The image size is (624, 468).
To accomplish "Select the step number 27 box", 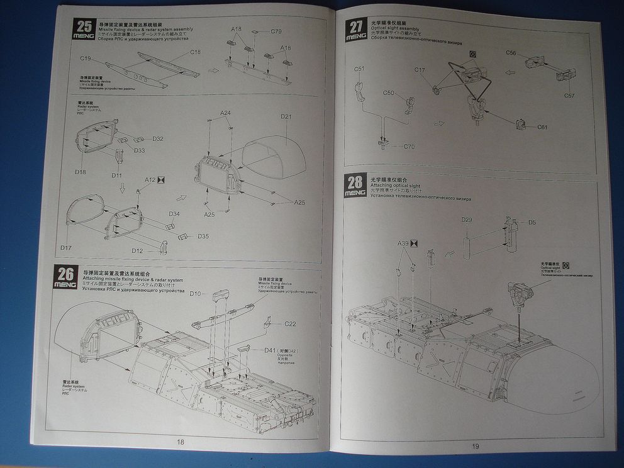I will point(357,26).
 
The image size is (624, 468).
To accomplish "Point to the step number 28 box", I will point(355,182).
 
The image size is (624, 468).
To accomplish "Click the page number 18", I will point(181,442).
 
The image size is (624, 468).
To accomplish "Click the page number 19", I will point(476,446).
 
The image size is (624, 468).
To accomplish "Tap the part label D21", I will point(287,116).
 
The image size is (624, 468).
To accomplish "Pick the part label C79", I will point(276,31).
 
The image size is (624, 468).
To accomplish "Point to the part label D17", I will point(66,247).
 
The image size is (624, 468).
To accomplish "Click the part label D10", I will point(196,294).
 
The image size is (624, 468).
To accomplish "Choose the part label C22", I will point(290,324).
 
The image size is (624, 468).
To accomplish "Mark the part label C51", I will point(359,69).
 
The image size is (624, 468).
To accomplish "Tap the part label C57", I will point(569,96).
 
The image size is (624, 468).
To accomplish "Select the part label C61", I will point(542,127).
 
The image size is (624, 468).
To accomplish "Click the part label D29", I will point(467,220).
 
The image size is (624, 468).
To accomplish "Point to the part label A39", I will point(403,243).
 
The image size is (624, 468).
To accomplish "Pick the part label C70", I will point(409,147).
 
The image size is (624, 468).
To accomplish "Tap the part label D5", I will point(532,222).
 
